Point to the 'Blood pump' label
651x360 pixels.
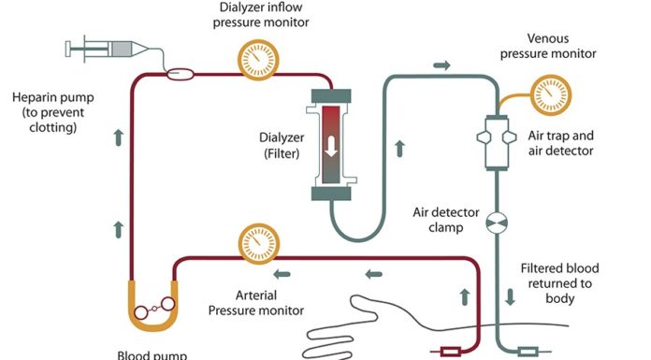[x=153, y=354]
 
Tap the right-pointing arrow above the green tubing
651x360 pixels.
[x=441, y=65]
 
